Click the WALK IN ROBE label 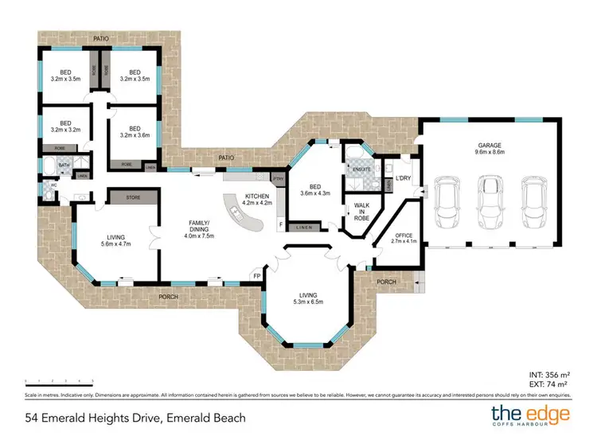click(361, 211)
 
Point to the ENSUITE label click(355, 169)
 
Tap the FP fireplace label click(256, 275)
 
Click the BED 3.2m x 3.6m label click(135, 131)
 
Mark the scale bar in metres click(59, 381)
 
